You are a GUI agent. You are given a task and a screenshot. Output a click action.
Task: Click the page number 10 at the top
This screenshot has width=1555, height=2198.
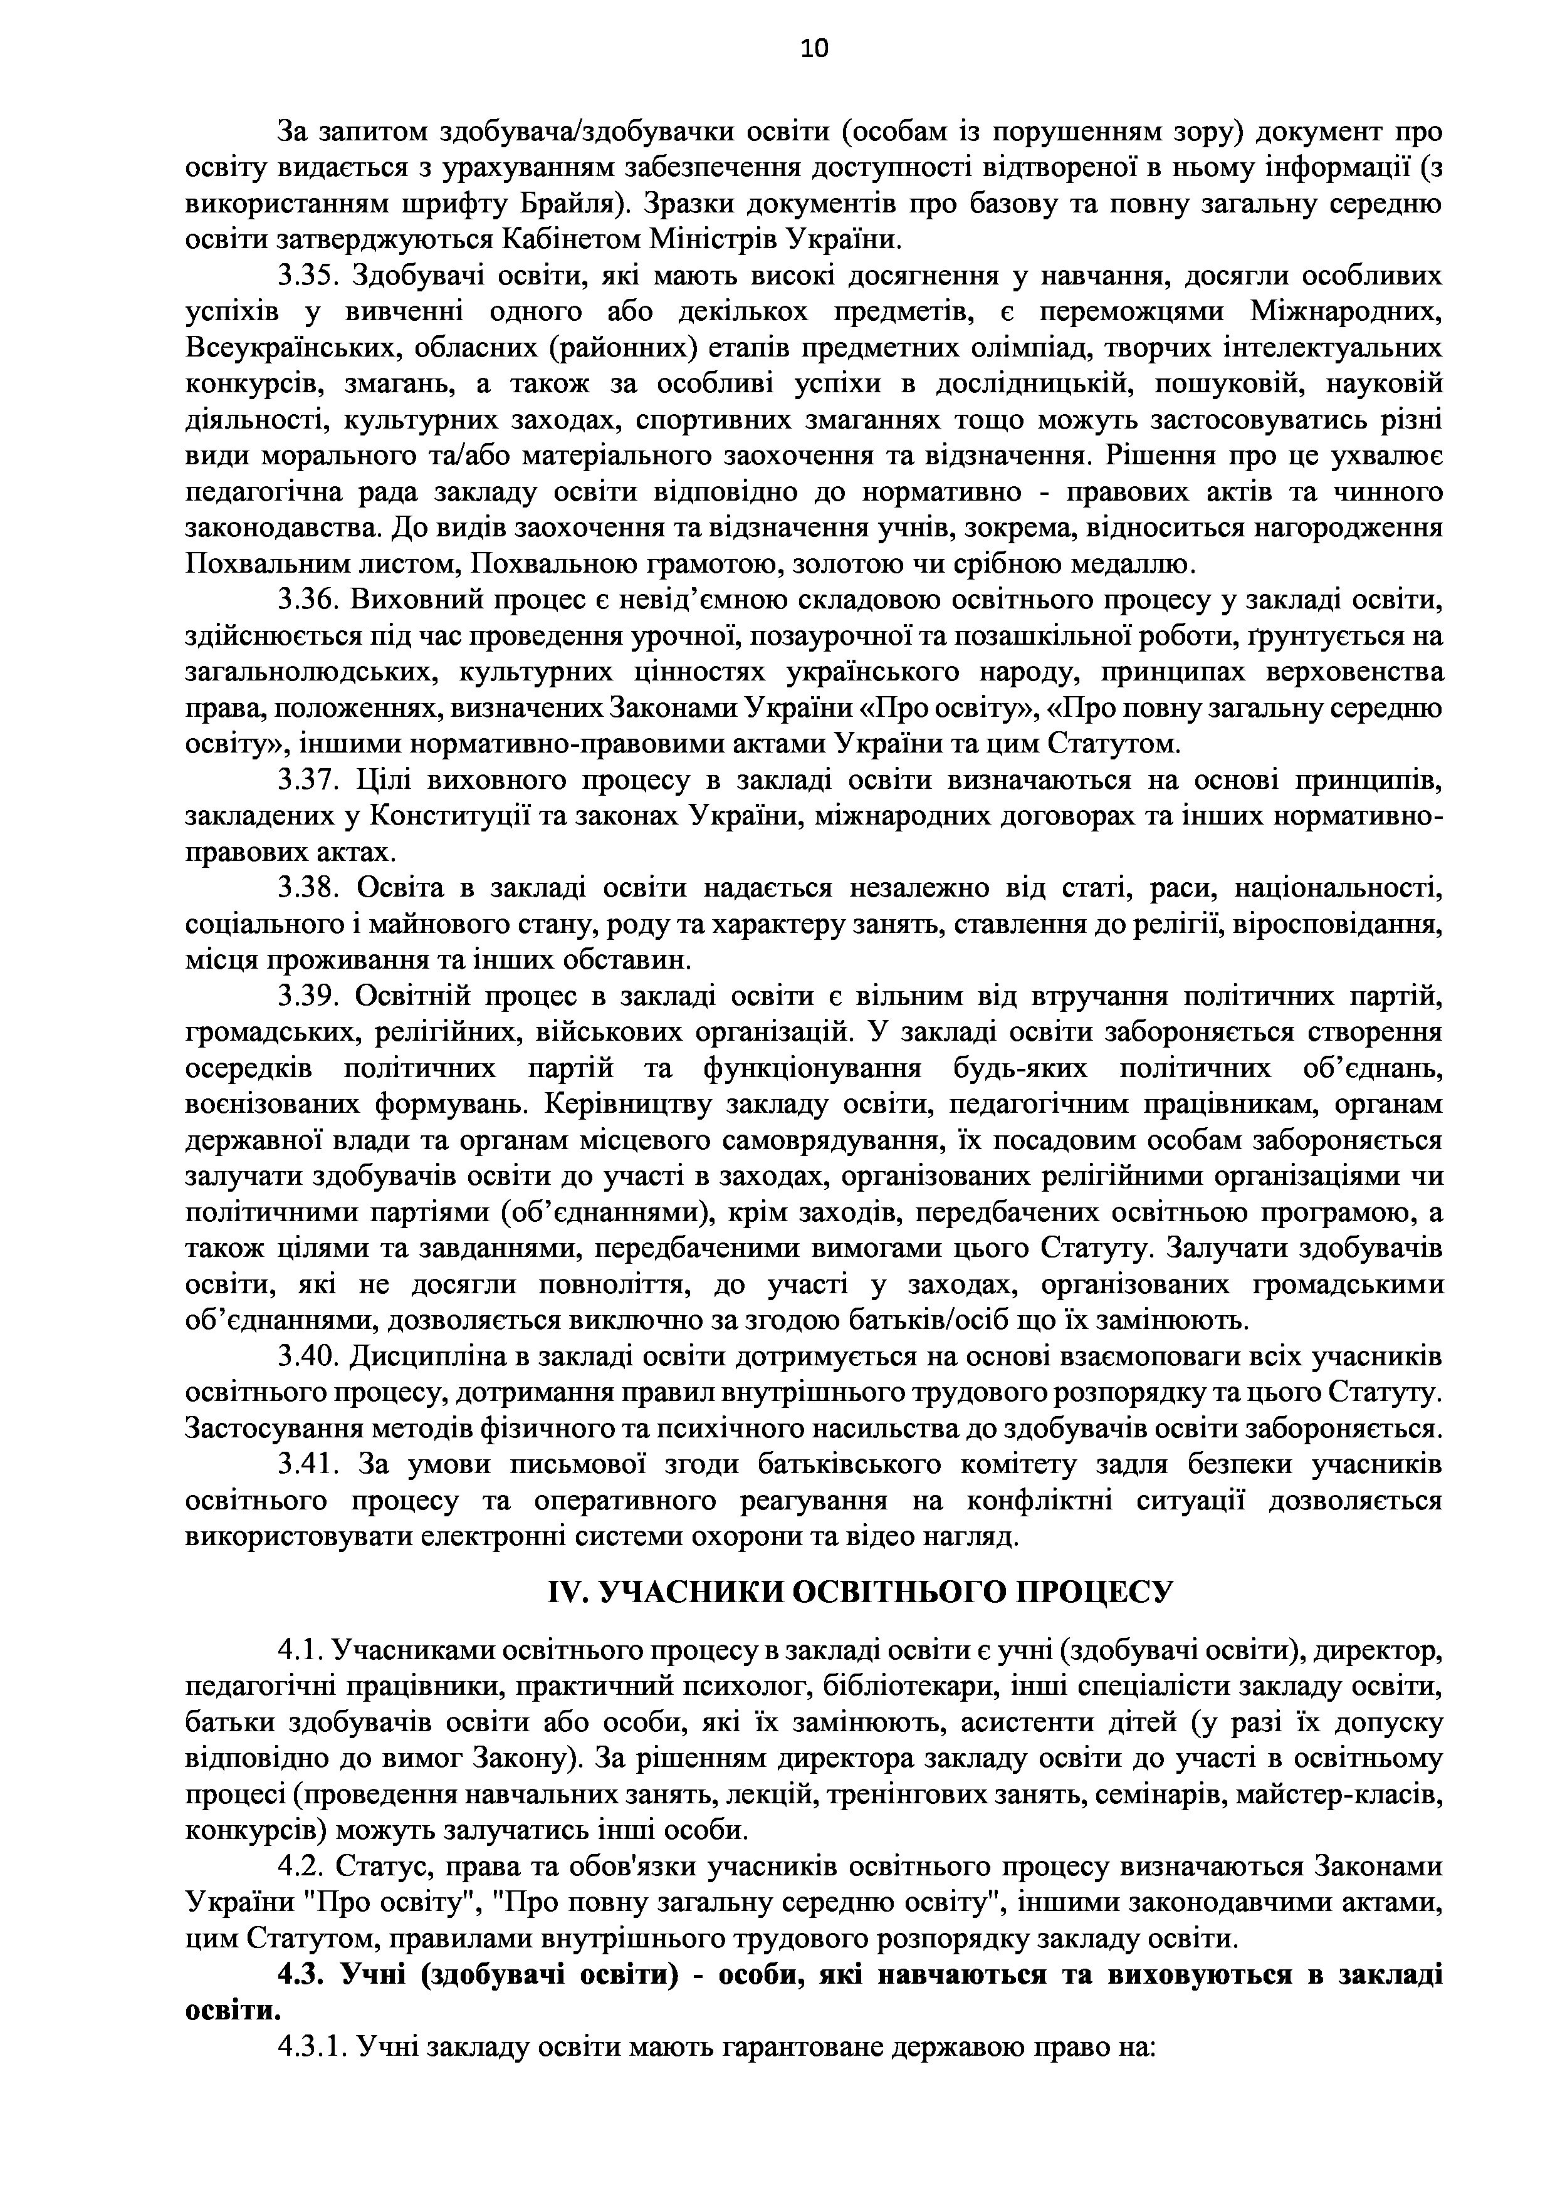[x=815, y=49]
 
